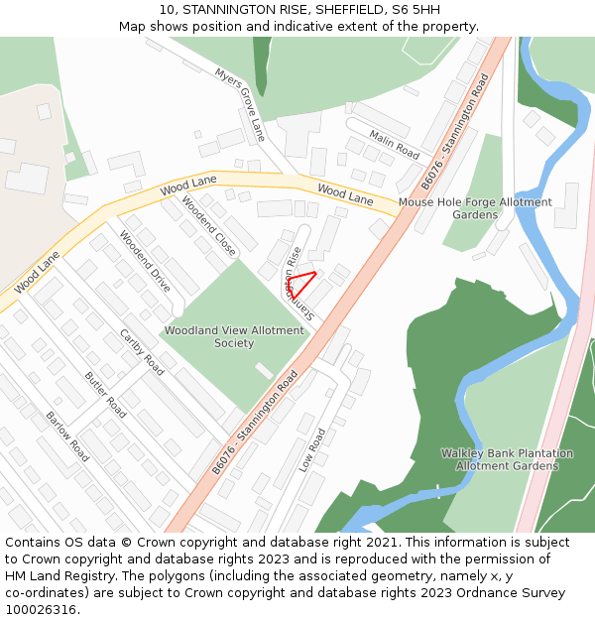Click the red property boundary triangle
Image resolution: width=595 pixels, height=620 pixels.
300,284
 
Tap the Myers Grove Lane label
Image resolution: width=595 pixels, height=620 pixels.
240,103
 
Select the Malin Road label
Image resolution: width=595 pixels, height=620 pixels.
394,144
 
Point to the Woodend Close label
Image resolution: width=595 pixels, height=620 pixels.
208,226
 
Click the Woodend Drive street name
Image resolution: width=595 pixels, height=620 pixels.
145,261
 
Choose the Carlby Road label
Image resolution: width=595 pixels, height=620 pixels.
142,350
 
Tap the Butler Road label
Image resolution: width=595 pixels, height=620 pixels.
105,394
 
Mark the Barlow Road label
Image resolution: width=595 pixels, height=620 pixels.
67,436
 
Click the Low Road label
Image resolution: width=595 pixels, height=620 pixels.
311,449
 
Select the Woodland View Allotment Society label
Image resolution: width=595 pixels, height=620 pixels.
234,336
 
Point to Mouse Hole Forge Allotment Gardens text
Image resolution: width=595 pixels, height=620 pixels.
475,208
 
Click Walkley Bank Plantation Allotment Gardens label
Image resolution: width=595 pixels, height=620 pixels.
507,459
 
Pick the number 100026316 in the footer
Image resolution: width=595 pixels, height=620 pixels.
41,609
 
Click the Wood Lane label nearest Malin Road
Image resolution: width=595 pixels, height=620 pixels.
345,193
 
